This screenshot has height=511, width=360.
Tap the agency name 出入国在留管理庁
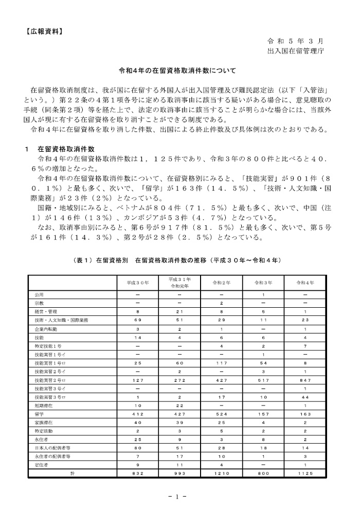point(295,51)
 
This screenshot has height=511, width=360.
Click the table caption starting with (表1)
point(177,261)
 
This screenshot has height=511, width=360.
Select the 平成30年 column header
point(138,283)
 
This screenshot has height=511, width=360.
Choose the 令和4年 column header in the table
point(305,283)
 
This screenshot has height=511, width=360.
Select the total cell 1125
point(305,472)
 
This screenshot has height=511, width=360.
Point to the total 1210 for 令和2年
point(222,472)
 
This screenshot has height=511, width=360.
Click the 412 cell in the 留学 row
point(138,413)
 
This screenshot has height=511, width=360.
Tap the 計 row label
point(73,472)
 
